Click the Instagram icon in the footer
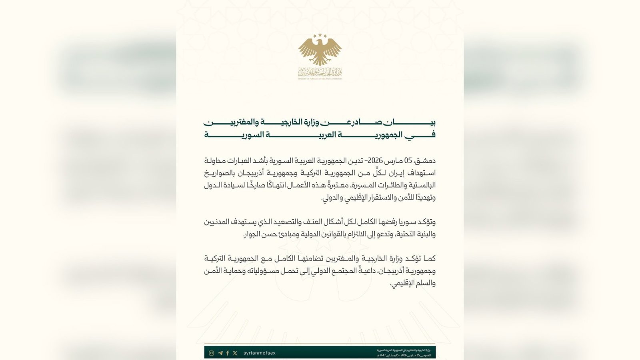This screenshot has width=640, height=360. (x=212, y=353)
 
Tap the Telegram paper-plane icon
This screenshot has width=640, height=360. (x=220, y=353)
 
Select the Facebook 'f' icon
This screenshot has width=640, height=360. (x=228, y=353)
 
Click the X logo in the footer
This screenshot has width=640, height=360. (x=235, y=353)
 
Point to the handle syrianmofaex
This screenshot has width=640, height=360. (x=259, y=353)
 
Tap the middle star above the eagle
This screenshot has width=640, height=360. (x=320, y=35)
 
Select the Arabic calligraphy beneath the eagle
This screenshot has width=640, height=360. (x=320, y=72)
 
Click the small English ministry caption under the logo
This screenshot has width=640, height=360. (x=320, y=79)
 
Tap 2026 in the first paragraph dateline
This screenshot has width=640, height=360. (x=376, y=161)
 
